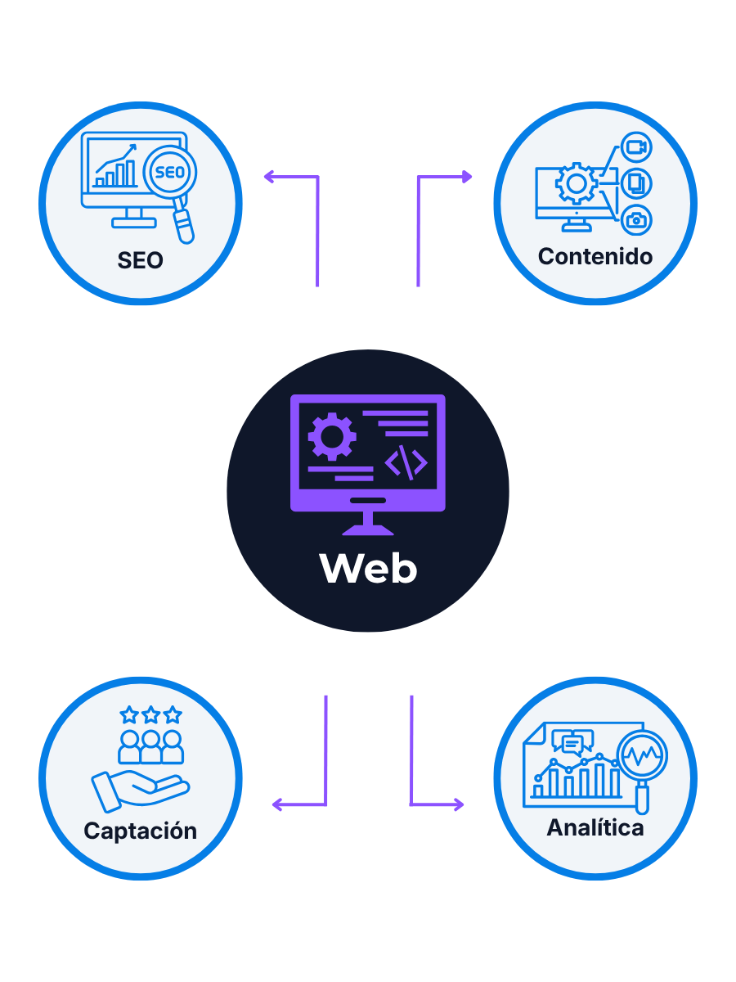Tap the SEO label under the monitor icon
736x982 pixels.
[x=140, y=261]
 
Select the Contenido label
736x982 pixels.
[x=595, y=256]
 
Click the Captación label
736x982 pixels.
[x=140, y=831]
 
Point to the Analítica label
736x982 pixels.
[x=595, y=827]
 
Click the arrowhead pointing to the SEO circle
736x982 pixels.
[x=268, y=176]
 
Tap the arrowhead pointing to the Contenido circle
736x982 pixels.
[x=467, y=176]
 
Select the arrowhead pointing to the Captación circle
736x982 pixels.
[x=277, y=804]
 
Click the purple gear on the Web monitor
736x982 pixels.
[x=331, y=436]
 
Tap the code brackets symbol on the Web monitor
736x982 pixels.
[x=406, y=463]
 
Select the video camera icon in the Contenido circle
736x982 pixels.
[x=635, y=148]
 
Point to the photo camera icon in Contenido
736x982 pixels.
[x=635, y=219]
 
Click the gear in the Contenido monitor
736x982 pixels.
[x=576, y=183]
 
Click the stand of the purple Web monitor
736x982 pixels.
[x=368, y=521]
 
